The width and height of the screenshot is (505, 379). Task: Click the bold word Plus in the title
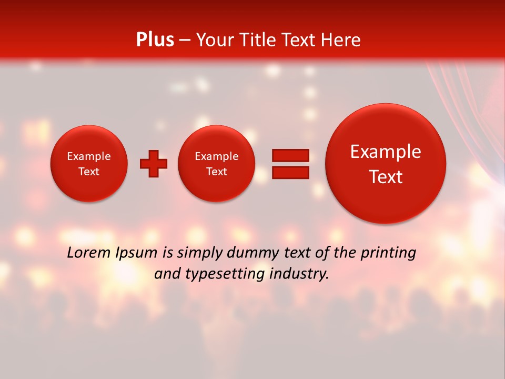[x=155, y=40]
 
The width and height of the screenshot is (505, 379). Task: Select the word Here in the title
[x=341, y=40]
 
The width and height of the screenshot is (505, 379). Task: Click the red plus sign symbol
[x=154, y=163]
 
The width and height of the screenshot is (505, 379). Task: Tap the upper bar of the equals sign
[x=290, y=155]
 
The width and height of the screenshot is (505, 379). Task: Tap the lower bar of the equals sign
[x=290, y=172]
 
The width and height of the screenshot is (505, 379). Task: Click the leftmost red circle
[x=89, y=163]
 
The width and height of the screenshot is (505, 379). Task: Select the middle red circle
[x=216, y=164]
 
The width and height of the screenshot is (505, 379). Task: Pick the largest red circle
[x=386, y=163]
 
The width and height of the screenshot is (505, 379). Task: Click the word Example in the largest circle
[x=386, y=152]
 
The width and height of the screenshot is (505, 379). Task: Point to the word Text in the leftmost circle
[x=89, y=172]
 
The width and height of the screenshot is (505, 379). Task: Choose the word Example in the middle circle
[x=216, y=156]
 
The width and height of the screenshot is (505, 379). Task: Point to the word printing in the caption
[x=388, y=253]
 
